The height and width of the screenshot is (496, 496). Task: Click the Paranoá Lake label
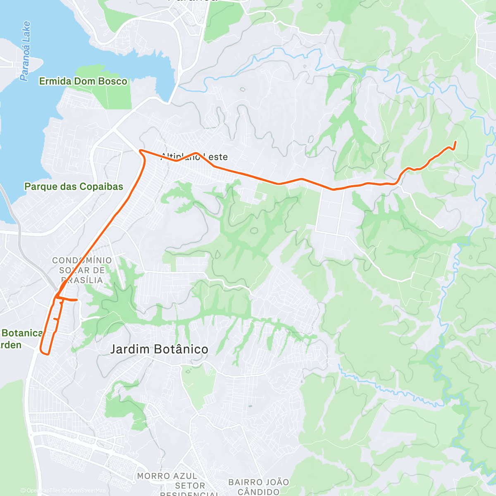click(x=25, y=51)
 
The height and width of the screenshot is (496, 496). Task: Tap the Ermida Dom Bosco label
click(x=83, y=81)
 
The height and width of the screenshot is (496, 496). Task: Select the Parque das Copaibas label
click(x=74, y=186)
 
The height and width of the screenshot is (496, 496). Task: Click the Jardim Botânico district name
click(x=159, y=349)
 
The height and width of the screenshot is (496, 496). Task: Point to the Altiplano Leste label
click(x=194, y=157)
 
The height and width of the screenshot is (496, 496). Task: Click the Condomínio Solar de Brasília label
click(x=82, y=270)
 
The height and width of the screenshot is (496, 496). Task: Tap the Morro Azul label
click(x=167, y=476)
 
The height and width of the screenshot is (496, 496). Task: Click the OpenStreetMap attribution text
click(x=87, y=491)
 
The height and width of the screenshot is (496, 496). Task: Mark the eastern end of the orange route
click(x=455, y=142)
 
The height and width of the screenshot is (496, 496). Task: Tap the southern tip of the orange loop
click(x=45, y=353)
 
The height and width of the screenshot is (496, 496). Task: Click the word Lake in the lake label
click(x=26, y=31)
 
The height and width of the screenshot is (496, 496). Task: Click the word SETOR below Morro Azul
click(x=190, y=486)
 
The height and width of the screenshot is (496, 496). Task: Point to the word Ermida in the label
click(x=55, y=81)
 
